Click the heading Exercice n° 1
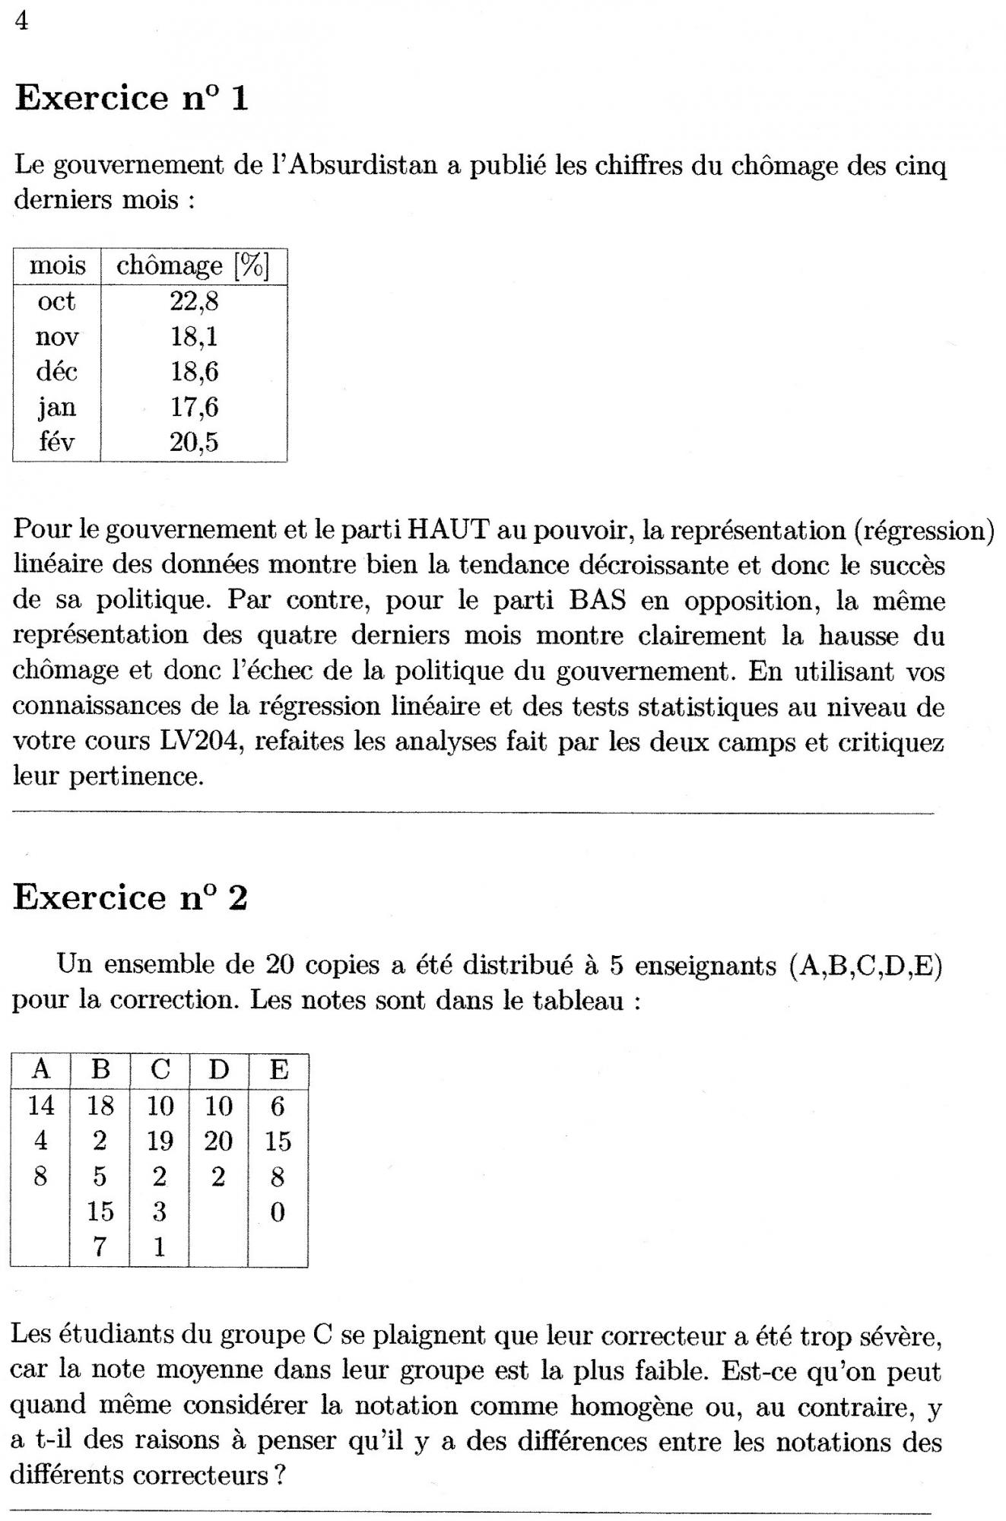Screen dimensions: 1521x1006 point(132,98)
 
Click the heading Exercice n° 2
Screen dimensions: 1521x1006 point(130,898)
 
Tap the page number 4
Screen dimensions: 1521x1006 point(21,22)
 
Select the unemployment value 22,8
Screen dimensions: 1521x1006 point(194,302)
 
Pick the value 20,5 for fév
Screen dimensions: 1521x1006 point(194,442)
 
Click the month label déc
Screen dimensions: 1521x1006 point(57,372)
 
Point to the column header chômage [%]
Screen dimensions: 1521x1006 point(193,266)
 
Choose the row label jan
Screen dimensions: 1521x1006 point(57,408)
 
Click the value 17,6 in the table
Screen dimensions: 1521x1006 point(194,408)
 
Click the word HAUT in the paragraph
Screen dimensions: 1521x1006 point(447,530)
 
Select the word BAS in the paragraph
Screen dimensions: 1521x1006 point(597,601)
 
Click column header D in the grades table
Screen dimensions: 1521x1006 point(218,1071)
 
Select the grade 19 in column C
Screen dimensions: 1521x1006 point(160,1142)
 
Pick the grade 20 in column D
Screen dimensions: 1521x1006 point(218,1142)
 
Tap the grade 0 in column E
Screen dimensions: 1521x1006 point(278,1212)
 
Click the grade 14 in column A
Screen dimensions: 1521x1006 point(41,1106)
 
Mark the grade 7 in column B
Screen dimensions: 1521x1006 point(100,1247)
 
